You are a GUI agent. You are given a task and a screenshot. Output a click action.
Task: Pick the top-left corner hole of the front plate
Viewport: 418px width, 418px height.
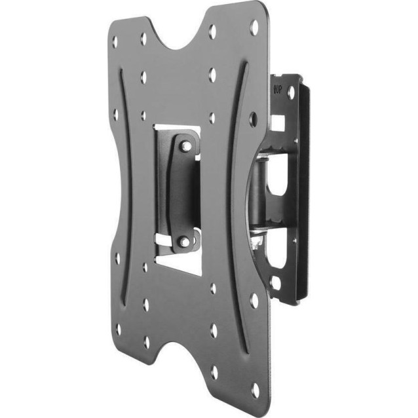coord(115,41)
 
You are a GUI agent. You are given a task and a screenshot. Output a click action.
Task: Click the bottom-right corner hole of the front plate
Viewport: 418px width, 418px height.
coord(255,390)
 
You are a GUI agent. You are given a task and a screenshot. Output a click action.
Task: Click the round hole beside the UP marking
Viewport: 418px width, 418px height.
coord(291,93)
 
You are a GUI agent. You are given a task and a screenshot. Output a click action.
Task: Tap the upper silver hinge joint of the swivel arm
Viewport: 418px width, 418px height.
coord(265,157)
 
